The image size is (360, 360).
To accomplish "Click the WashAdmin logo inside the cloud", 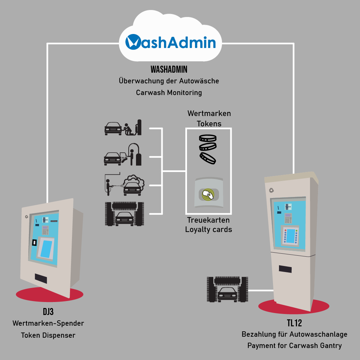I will pos(170,43).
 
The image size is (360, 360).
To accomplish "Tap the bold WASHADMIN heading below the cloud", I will pos(169,69).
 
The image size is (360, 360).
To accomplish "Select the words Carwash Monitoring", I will pos(169,92).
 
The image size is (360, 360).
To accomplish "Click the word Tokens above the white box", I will pos(209,124).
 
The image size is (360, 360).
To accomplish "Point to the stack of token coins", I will pos(208,149).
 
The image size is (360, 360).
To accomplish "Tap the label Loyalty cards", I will pos(209,229).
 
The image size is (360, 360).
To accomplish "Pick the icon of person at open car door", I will pos(123,155).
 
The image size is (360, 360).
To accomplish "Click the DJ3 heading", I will pos(48,312).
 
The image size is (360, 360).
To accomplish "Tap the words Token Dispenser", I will pos(48,335).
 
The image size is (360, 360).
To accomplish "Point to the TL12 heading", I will pos(294,323).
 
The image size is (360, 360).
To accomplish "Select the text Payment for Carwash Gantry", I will pos(294,346).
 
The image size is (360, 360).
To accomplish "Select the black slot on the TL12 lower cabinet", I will pos(285,269).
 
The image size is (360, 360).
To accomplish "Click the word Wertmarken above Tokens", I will pos(209,113).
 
